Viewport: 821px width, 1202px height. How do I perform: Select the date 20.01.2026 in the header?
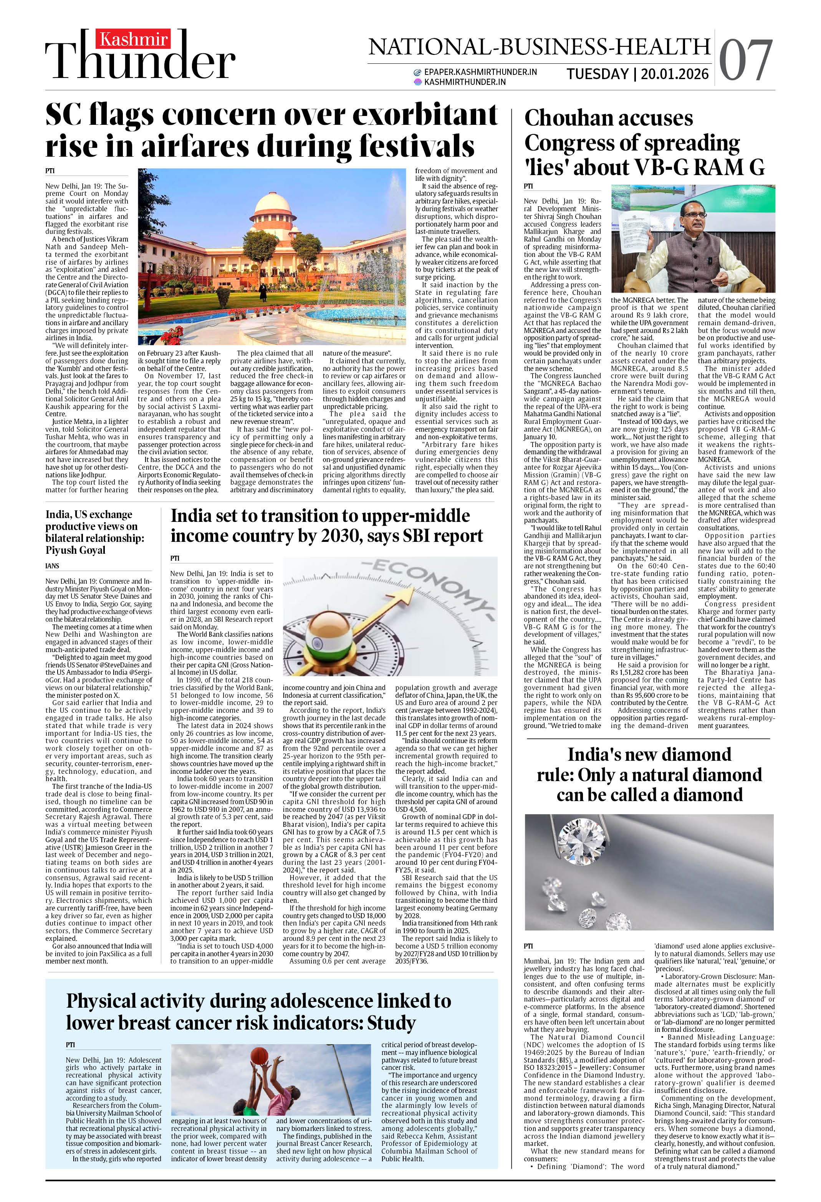675,74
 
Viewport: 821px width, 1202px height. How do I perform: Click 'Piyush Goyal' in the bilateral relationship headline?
76,550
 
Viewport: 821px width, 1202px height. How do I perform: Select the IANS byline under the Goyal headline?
52,566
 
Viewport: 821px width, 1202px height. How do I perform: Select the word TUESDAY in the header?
598,74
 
